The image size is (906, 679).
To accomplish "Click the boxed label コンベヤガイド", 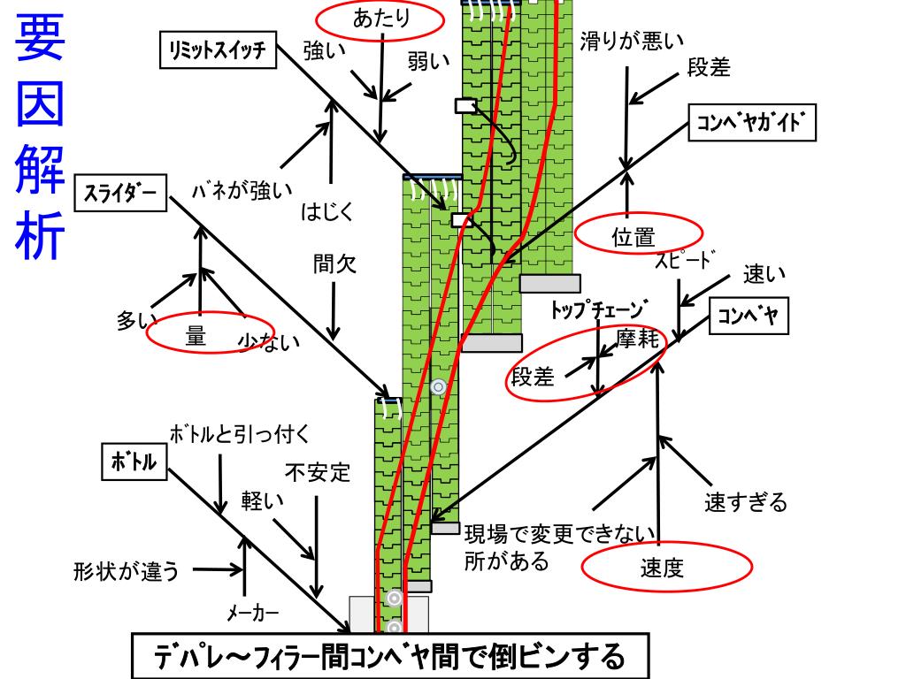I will [x=751, y=124].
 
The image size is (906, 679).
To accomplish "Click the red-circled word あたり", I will [x=380, y=19].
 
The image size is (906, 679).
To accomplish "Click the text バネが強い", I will [x=242, y=189].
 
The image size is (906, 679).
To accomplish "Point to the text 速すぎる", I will [x=745, y=503].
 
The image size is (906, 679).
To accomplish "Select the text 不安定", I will [x=319, y=472].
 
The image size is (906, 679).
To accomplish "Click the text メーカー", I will [x=253, y=613].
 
